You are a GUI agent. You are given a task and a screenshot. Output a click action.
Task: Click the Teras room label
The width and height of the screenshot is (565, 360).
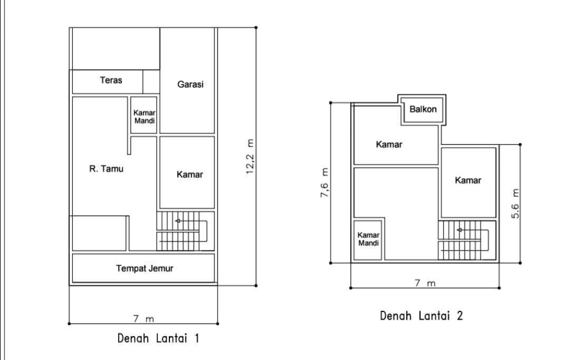111,80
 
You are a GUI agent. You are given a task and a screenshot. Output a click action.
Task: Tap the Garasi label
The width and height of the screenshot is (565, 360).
190,84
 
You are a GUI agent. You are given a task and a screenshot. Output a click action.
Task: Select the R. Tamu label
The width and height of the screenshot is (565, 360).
106,169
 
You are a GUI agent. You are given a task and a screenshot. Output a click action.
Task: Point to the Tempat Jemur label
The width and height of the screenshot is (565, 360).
145,268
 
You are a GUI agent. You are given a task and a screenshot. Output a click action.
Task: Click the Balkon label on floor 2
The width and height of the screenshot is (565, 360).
423,109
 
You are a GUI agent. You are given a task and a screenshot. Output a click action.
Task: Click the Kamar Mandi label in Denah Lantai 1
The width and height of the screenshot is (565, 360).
144,117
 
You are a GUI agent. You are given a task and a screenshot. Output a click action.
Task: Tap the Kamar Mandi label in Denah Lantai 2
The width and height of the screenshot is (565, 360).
368,239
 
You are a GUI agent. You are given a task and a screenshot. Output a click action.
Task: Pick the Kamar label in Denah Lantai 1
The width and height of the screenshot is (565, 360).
190,175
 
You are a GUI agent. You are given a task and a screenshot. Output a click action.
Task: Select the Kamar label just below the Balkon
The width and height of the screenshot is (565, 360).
389,144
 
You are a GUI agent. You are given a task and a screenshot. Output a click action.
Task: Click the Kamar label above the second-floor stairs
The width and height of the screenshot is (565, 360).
468,180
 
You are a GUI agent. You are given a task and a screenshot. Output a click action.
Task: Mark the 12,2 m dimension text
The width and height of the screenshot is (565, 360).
250,157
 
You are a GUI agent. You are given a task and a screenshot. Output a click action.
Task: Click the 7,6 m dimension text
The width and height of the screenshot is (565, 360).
324,182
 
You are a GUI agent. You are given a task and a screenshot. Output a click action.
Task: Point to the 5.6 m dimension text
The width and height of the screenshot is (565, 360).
515,203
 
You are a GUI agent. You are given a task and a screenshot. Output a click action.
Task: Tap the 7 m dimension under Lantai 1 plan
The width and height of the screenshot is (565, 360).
143,319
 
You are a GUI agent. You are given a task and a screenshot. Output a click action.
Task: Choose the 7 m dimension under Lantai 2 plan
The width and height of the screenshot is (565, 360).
425,283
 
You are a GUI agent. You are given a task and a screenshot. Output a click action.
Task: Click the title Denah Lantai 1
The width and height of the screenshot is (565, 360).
158,338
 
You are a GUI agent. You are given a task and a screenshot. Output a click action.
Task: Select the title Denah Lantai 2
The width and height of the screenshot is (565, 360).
421,316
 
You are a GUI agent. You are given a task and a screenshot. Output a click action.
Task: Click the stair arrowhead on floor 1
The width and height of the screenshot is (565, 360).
178,221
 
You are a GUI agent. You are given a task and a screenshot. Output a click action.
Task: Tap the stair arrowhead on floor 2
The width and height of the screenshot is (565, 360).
460,230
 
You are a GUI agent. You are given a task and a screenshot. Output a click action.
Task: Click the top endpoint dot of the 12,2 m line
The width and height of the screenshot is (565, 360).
256,28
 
